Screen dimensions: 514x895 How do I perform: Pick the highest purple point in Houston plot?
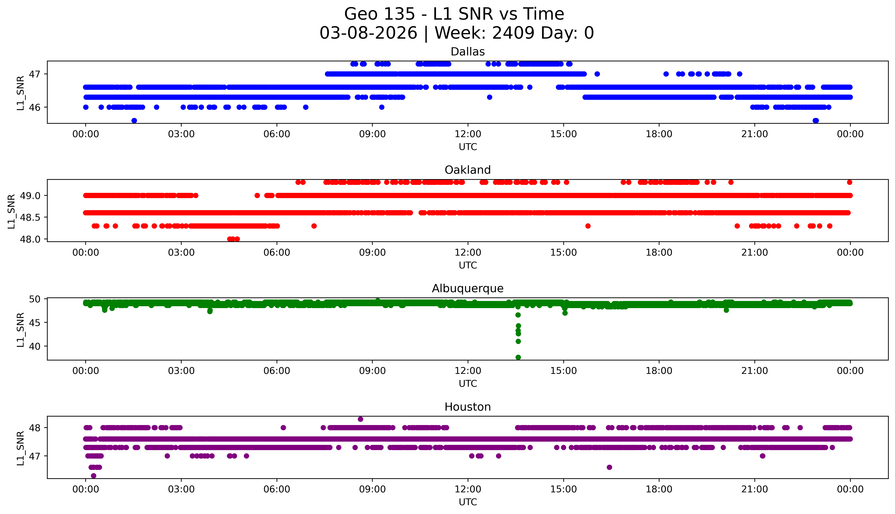[360, 419]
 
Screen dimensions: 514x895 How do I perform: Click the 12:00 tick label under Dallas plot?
[468, 134]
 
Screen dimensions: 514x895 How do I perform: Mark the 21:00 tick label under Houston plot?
[754, 489]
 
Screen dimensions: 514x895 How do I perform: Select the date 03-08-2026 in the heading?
[368, 33]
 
